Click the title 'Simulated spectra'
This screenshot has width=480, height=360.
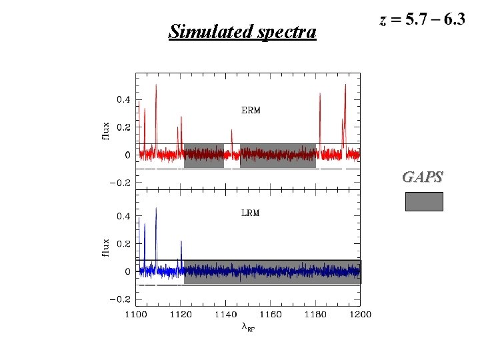(242, 31)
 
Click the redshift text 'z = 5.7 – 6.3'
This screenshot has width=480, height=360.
(422, 19)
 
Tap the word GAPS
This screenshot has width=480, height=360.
(423, 177)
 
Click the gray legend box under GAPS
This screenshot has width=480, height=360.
(424, 201)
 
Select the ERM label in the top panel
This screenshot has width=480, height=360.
(251, 110)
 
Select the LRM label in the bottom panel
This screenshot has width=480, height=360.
(250, 213)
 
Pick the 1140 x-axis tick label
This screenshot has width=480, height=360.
(225, 314)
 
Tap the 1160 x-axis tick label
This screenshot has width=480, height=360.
(271, 314)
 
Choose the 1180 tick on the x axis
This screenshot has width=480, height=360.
(315, 314)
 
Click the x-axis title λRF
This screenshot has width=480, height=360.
(247, 327)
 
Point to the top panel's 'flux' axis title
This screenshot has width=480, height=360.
(105, 127)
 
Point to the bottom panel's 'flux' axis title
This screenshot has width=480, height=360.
(105, 244)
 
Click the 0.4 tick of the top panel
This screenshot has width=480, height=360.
(123, 100)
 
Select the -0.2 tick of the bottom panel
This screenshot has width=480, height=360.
(121, 299)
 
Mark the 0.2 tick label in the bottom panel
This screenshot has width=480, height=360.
(123, 244)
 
